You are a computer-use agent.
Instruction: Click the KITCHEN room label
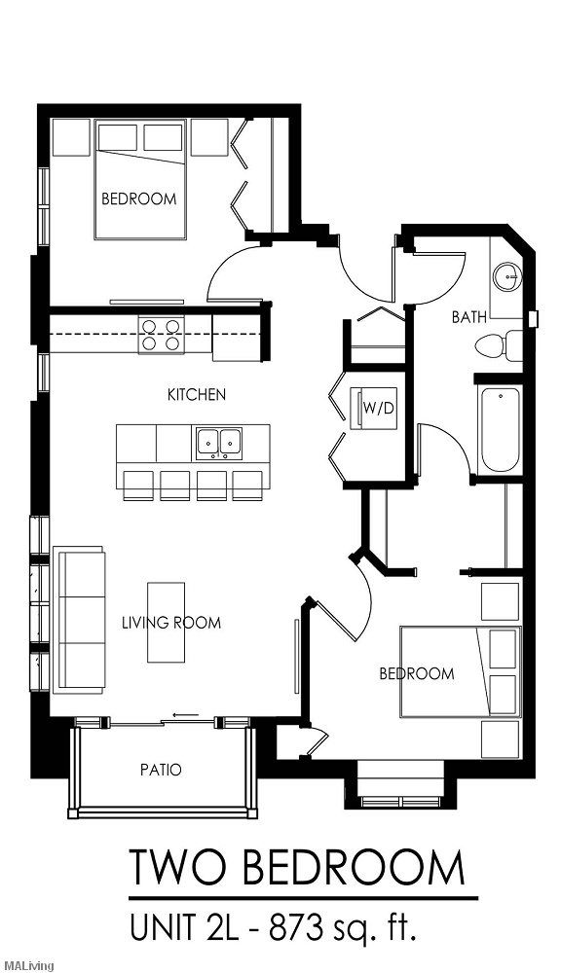tap(197, 395)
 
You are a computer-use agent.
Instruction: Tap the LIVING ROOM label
tap(171, 623)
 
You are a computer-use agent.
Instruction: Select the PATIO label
tap(161, 770)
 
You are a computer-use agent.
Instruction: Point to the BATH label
tap(469, 317)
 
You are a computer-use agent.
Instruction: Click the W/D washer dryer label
tap(379, 409)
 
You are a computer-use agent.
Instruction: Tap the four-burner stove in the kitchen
tap(162, 335)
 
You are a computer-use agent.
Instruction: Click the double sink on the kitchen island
tap(219, 443)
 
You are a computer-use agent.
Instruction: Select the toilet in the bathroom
tap(500, 345)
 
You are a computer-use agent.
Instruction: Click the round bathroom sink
tap(508, 275)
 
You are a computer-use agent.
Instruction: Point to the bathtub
tap(500, 429)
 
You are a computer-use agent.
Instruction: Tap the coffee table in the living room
tap(166, 623)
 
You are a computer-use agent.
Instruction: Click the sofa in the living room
tap(82, 620)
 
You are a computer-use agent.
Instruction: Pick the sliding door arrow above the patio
tap(186, 715)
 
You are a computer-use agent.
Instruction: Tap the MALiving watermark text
tap(26, 965)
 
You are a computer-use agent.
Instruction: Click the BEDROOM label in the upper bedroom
tap(138, 199)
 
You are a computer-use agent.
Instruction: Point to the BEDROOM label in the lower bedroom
tap(417, 674)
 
